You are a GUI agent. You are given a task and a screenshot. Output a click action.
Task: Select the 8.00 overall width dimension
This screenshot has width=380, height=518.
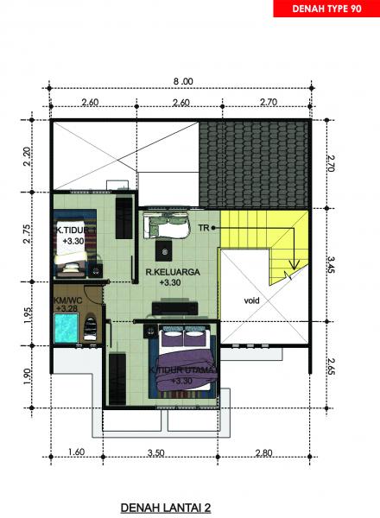click(x=182, y=81)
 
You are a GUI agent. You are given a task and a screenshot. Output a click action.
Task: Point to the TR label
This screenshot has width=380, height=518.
click(x=204, y=228)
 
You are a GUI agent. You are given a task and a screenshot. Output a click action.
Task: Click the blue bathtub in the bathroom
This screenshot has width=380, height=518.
click(x=65, y=329)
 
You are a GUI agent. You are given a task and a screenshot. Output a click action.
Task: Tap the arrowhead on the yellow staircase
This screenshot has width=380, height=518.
click(x=294, y=264)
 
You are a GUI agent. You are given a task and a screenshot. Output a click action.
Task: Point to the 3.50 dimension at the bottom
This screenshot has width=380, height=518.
click(x=156, y=452)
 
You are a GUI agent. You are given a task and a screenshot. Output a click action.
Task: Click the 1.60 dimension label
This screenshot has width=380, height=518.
click(x=75, y=452)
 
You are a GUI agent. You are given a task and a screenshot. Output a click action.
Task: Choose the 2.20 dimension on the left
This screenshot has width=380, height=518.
click(x=27, y=157)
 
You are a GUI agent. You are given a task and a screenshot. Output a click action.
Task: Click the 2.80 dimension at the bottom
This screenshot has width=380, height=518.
click(x=263, y=452)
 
